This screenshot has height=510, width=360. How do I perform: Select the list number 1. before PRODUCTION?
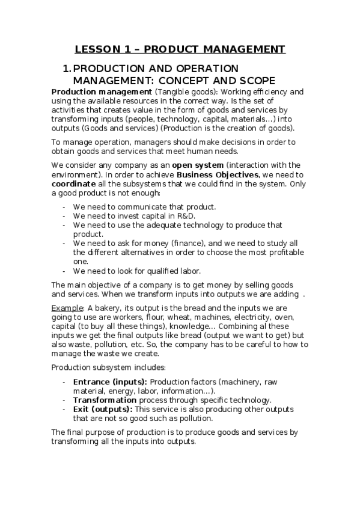[67, 69]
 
